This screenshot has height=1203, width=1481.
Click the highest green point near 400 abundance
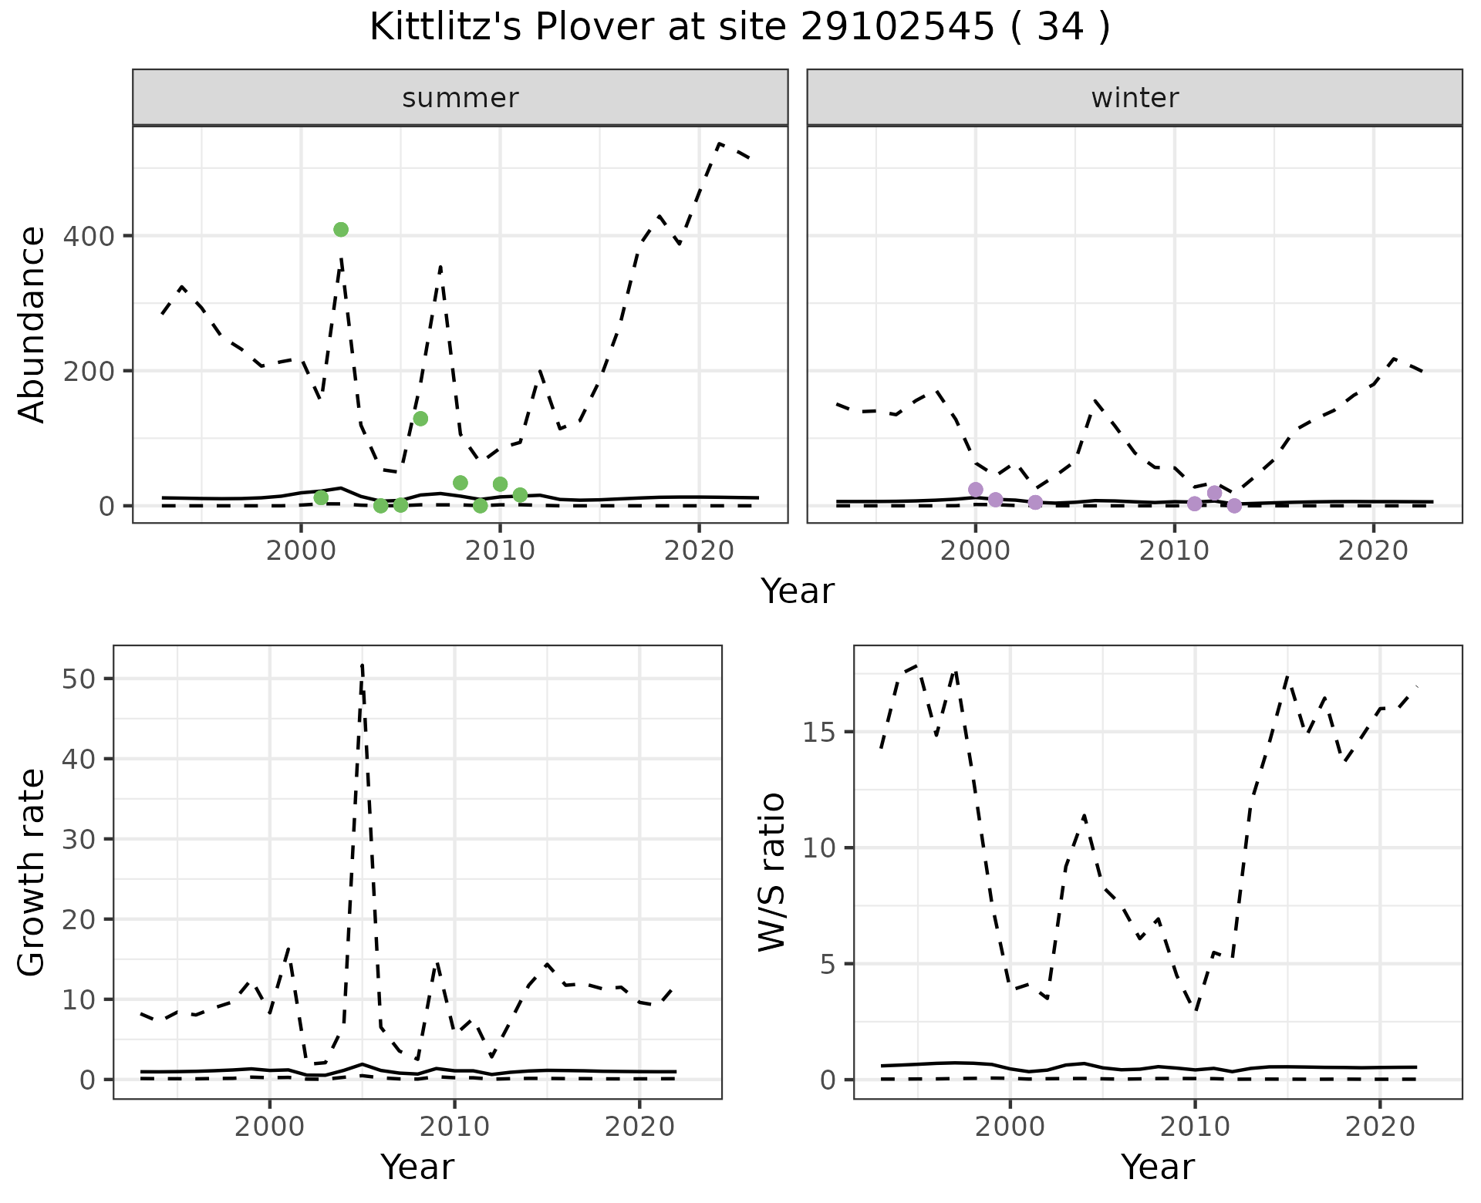pos(341,230)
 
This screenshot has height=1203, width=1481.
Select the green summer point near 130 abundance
pos(420,419)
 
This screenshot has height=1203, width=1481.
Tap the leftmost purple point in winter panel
pos(976,490)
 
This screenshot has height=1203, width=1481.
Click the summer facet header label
pos(460,98)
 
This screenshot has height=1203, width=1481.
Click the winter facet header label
pos(1135,98)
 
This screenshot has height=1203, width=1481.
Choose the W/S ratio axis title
pos(772,872)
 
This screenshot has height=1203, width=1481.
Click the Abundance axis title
pos(32,325)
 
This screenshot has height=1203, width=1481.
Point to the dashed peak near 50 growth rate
pos(363,666)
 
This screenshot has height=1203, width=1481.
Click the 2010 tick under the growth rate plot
pos(454,1127)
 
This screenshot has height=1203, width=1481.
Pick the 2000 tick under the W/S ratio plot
pos(1010,1127)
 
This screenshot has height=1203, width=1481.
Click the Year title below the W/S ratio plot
pos(1157,1168)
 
